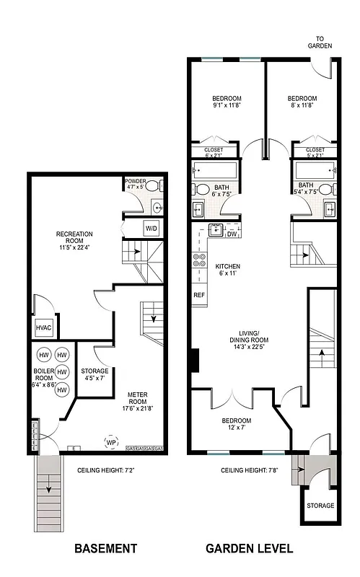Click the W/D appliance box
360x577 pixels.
pyautogui.click(x=152, y=229)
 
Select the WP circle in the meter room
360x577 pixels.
pyautogui.click(x=112, y=442)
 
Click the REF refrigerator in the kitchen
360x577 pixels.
pyautogui.click(x=198, y=295)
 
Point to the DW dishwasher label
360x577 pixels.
pyautogui.click(x=232, y=234)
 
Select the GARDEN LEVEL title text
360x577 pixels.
pyautogui.click(x=250, y=549)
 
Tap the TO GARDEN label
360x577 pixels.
pyautogui.click(x=323, y=43)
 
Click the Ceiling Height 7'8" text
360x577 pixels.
pyautogui.click(x=250, y=470)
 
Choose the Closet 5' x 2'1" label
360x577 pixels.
pyautogui.click(x=315, y=152)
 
